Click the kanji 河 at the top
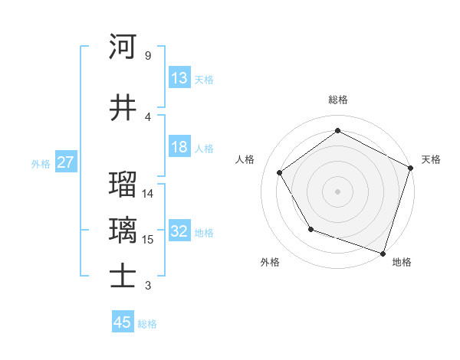click(x=123, y=47)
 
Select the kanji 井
click(x=123, y=106)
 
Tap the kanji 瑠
click(x=123, y=185)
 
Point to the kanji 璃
click(x=123, y=231)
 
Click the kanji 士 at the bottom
click(x=123, y=277)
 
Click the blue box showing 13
click(x=179, y=78)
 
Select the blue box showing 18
click(x=179, y=147)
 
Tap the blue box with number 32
click(x=179, y=232)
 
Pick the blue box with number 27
click(x=66, y=162)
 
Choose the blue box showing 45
click(x=123, y=322)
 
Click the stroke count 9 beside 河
click(x=147, y=56)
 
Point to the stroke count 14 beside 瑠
click(x=148, y=194)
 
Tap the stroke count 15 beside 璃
click(x=148, y=240)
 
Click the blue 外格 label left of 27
click(x=41, y=163)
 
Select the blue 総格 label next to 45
click(x=147, y=323)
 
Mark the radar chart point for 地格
click(x=383, y=253)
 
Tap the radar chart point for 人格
click(x=279, y=172)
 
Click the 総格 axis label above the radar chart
click(x=337, y=100)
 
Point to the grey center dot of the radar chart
click(x=337, y=191)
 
